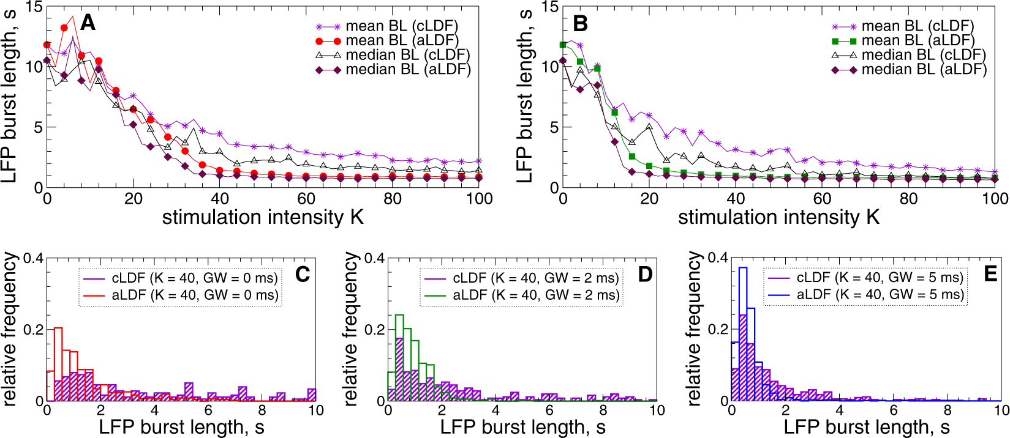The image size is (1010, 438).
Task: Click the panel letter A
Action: point(88,23)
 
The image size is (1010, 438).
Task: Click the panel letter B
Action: point(579,23)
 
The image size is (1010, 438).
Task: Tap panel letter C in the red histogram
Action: point(303,274)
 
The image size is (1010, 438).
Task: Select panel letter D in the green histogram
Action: point(645,274)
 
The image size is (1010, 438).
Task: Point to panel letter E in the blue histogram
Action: point(990,273)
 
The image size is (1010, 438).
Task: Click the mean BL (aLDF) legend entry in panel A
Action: point(401,40)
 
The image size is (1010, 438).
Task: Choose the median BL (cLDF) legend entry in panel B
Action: point(923,55)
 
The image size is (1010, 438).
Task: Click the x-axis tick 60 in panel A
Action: point(306,199)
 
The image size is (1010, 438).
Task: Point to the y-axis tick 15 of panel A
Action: point(34,7)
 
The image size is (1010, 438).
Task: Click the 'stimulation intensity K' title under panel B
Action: point(778,217)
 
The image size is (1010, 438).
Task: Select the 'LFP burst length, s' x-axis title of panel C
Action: point(181,427)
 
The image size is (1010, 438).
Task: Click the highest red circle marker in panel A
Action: point(64,28)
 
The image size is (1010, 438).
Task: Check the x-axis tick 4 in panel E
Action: point(840,410)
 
